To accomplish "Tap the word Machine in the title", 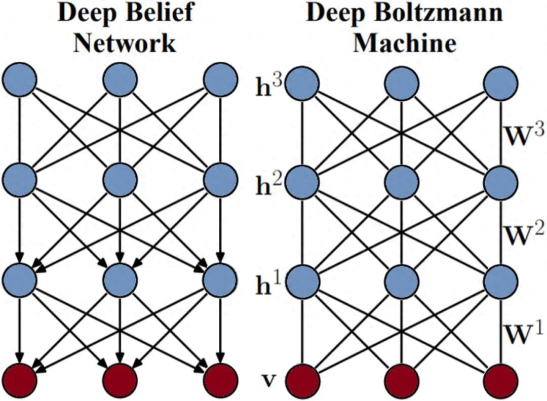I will (405, 44).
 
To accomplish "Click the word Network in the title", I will (125, 44).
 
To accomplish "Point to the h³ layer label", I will (268, 87).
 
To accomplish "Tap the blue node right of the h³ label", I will (302, 84).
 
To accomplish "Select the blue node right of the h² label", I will (302, 182).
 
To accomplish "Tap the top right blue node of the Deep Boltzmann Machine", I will (500, 84).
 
